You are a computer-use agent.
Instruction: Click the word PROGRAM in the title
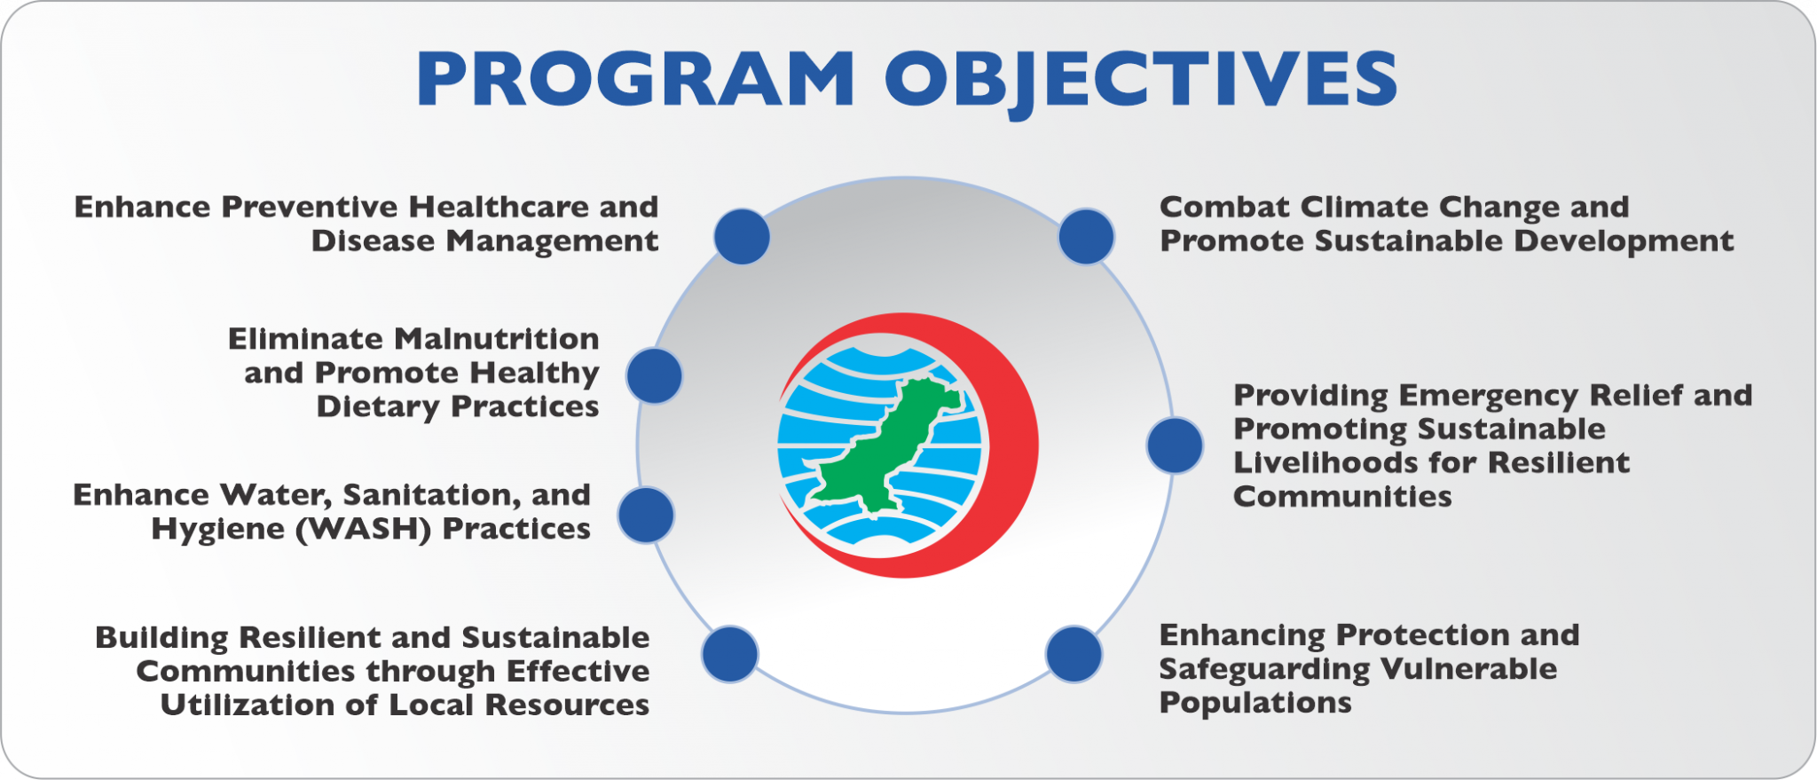(x=635, y=79)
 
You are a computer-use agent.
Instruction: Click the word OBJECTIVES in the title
(x=1141, y=79)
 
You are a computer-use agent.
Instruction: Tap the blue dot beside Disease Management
(x=742, y=237)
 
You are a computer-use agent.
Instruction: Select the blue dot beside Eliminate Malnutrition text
(x=654, y=375)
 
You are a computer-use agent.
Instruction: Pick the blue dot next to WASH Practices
(x=646, y=515)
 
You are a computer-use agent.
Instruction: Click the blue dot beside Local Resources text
(x=729, y=654)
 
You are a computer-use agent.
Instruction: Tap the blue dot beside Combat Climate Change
(x=1086, y=237)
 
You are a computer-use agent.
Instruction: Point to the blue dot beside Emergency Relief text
(x=1175, y=445)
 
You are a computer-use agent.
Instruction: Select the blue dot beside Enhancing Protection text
(x=1074, y=654)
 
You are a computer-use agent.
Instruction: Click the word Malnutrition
(x=496, y=339)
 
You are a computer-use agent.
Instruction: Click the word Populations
(x=1255, y=703)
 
